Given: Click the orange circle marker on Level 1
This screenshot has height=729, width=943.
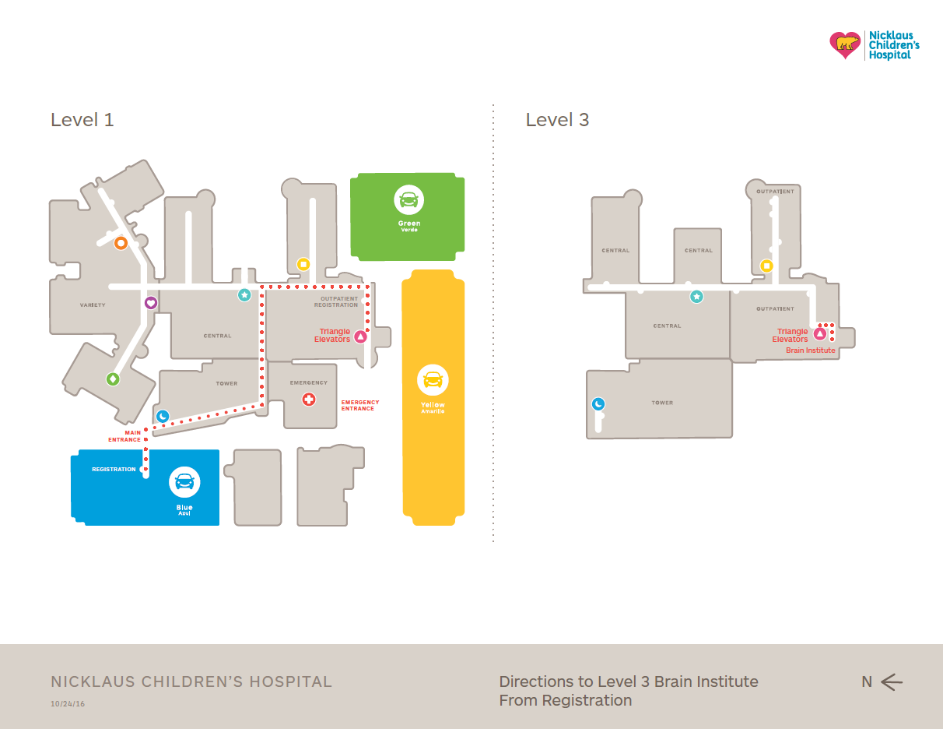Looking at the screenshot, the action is click(x=121, y=243).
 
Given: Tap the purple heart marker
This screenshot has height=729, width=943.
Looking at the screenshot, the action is click(x=151, y=303).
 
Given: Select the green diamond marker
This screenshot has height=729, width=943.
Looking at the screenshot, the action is click(x=113, y=379).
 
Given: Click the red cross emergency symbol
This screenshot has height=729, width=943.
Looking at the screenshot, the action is click(x=309, y=400).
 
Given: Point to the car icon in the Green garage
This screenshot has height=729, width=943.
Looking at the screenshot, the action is click(x=408, y=200).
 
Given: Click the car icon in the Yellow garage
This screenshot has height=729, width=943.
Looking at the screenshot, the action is click(x=433, y=380).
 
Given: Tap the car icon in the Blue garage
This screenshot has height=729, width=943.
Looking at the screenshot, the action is click(x=184, y=482).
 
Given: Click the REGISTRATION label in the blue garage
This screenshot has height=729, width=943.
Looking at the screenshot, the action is click(x=114, y=470).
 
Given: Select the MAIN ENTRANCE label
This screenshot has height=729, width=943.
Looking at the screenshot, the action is click(x=124, y=436).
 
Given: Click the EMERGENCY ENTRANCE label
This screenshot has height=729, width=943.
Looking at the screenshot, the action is click(x=360, y=406).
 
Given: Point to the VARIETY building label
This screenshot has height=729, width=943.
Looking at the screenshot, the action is click(x=93, y=305).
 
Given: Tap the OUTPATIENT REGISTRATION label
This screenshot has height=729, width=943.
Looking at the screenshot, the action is click(x=336, y=301).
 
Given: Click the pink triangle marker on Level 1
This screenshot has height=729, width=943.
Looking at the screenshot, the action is click(x=360, y=336).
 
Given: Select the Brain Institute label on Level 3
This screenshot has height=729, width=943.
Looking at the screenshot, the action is click(x=810, y=350).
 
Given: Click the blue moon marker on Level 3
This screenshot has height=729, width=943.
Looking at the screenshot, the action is click(x=598, y=404).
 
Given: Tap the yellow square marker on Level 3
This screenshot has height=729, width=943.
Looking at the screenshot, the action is click(x=766, y=266).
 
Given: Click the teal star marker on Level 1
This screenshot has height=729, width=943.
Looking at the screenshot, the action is click(x=244, y=295).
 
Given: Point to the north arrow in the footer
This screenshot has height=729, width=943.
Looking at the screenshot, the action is click(x=892, y=682).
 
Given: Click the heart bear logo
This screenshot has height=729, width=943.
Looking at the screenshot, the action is click(x=845, y=45).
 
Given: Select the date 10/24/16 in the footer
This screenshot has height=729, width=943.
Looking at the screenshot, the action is click(x=68, y=704).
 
